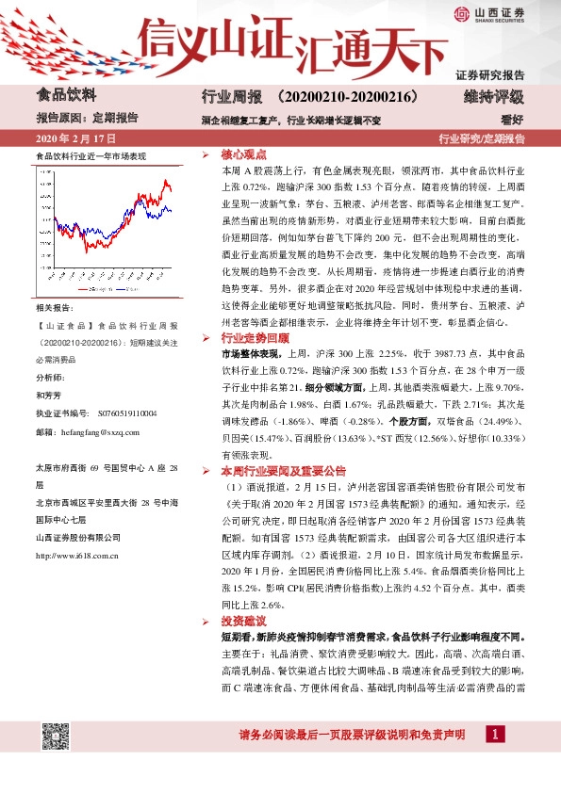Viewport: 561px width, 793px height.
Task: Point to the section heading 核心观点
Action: (243, 154)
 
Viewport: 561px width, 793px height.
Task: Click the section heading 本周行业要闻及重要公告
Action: (283, 470)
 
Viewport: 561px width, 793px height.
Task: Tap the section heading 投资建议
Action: (243, 624)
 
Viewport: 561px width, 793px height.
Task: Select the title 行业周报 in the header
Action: (229, 96)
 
